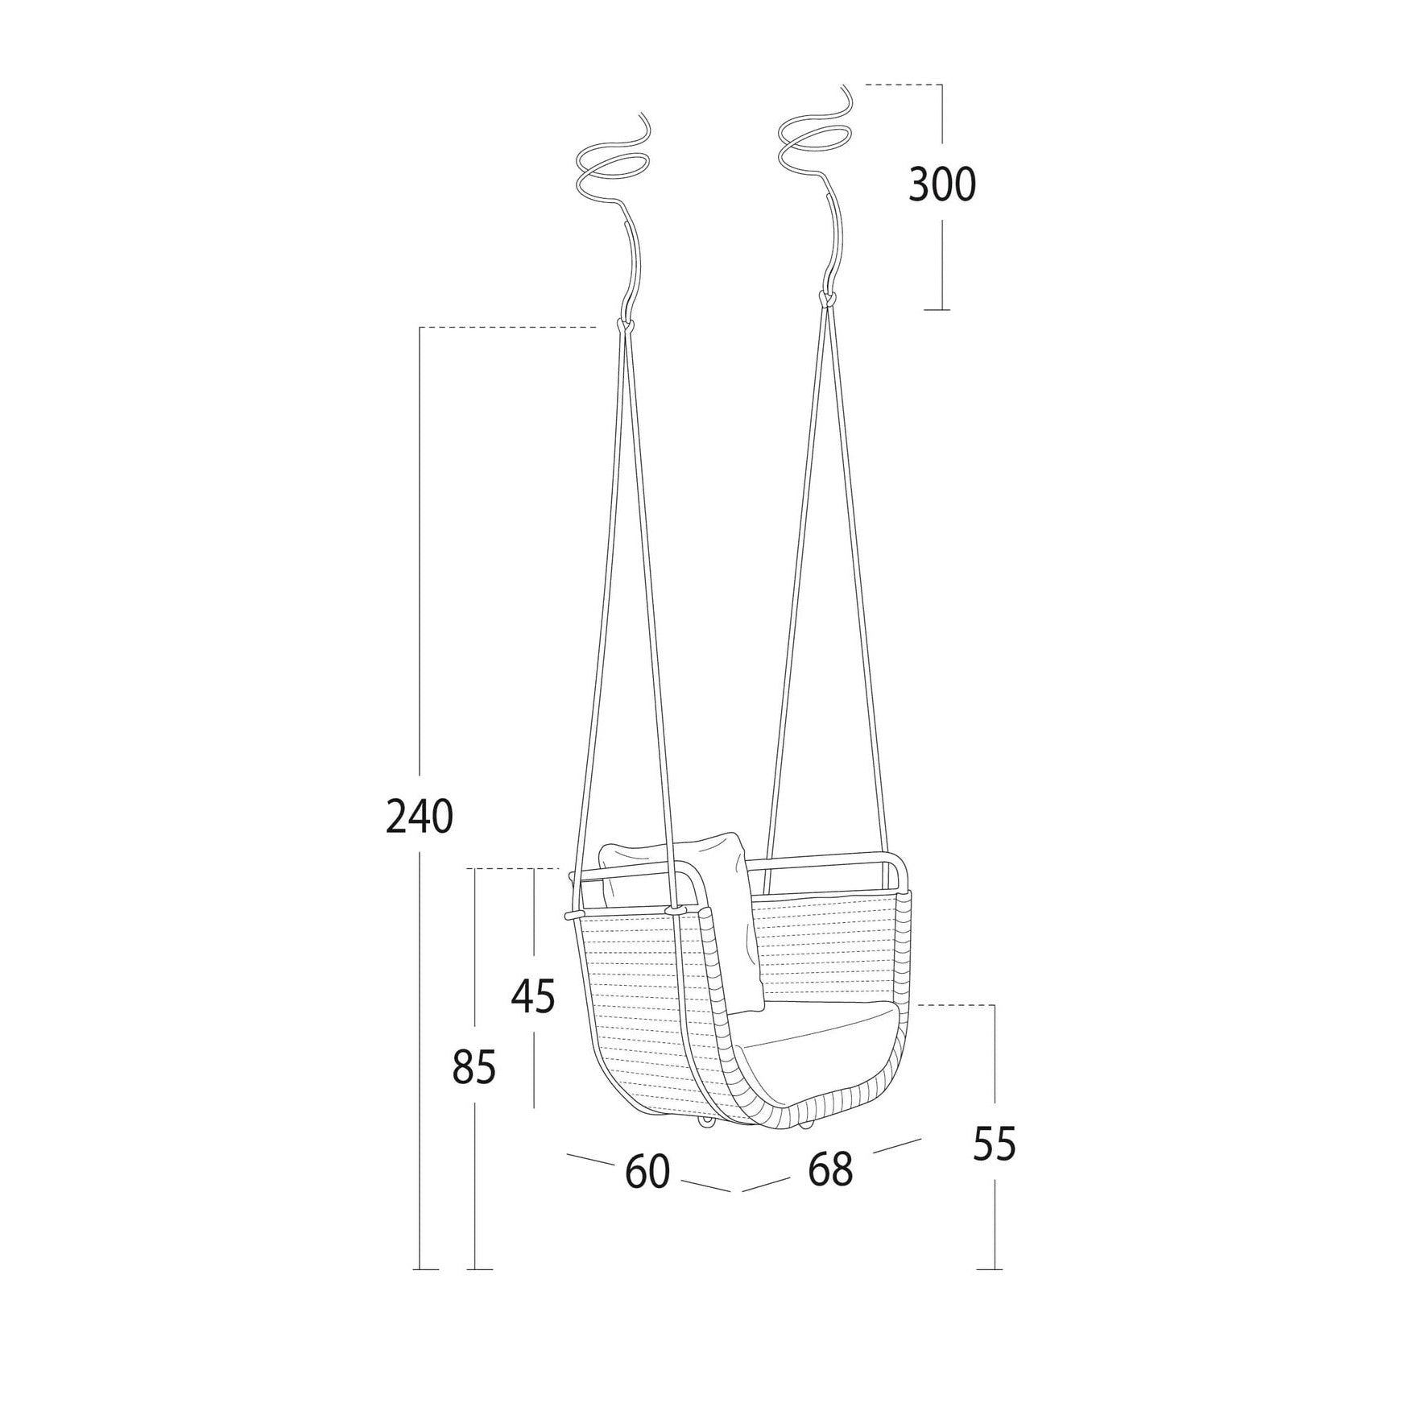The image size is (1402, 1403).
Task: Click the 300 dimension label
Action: pos(941,186)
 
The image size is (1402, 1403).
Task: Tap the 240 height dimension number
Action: pos(420,817)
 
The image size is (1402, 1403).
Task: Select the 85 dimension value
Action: pos(474,1069)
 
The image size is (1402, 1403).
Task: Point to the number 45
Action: pos(534,997)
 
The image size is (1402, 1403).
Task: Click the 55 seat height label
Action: pos(995,1144)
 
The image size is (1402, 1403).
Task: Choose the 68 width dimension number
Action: pos(830,1169)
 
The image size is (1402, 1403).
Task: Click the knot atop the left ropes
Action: pos(625,325)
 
